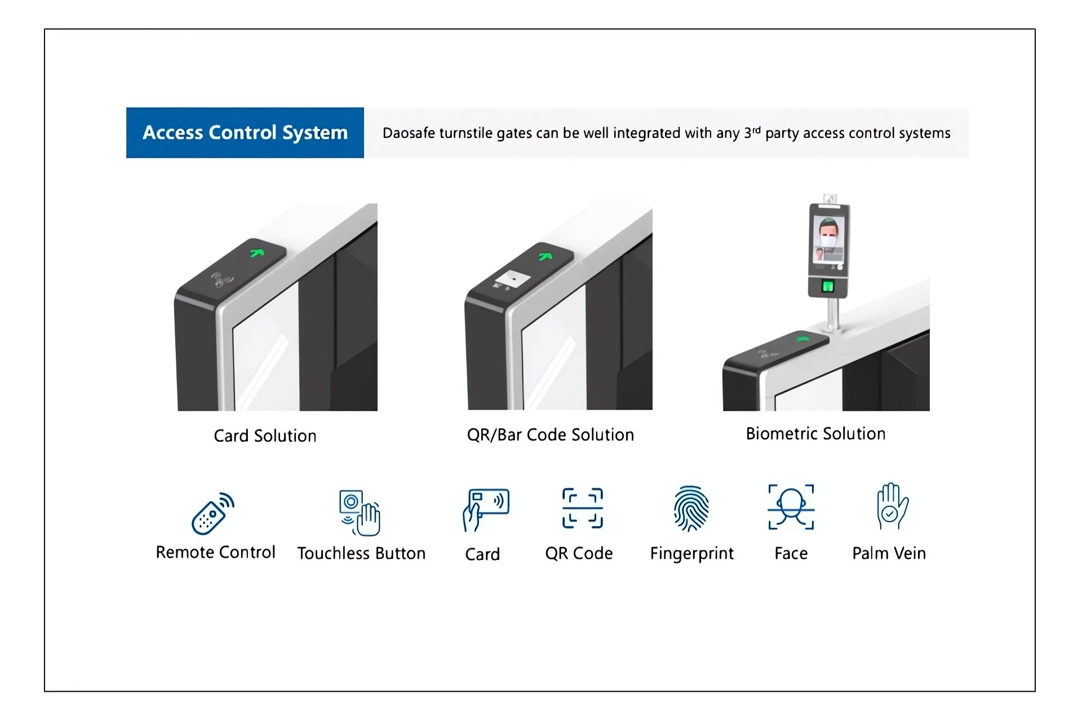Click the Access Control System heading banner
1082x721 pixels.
[245, 132]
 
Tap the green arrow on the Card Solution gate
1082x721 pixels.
[258, 252]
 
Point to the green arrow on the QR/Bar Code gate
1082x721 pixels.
[546, 256]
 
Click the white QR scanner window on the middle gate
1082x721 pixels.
[511, 278]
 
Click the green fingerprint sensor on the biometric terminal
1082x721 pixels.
[828, 286]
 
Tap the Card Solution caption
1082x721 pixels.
[265, 436]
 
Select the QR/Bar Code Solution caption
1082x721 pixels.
[551, 435]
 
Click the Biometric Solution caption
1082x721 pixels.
[815, 434]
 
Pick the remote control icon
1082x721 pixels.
[213, 513]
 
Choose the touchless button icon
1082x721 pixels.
[360, 513]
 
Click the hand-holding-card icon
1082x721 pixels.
[485, 510]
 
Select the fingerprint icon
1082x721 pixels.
[691, 509]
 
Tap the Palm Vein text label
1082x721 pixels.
[889, 553]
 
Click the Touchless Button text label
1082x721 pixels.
[361, 553]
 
